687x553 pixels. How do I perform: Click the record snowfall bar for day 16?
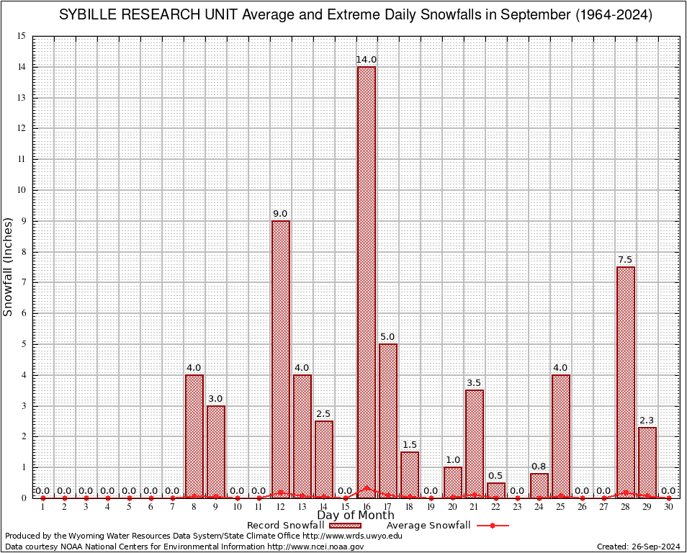point(367,281)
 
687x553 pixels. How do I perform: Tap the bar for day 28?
point(626,382)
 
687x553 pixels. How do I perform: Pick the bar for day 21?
point(475,444)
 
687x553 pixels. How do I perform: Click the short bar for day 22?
point(496,490)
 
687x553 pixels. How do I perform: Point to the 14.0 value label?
point(367,59)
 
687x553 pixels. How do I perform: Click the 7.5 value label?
point(626,259)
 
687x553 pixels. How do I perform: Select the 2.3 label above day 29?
point(647,420)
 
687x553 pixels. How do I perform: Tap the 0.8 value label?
point(539,466)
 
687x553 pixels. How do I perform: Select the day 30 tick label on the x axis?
point(669,508)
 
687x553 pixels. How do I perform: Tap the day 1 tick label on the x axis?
point(42,508)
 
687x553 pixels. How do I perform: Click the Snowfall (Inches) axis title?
point(8,266)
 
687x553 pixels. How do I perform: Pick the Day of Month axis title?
point(356,515)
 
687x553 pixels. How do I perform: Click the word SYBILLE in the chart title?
point(84,15)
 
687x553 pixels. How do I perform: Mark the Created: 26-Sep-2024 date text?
point(639,547)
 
